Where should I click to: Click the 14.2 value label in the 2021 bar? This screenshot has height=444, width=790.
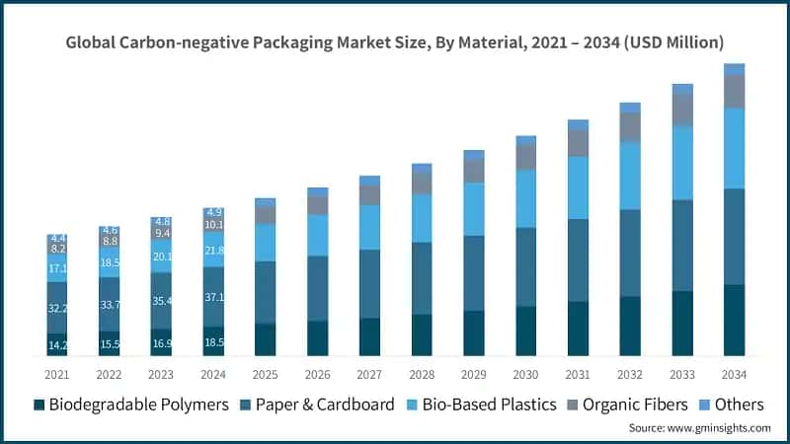point(57,345)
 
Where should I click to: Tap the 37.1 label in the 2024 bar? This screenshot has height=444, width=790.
point(214,297)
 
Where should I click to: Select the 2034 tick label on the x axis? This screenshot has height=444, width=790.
point(734,374)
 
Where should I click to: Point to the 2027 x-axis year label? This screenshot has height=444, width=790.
point(369,374)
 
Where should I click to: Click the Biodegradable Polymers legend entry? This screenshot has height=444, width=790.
point(131,405)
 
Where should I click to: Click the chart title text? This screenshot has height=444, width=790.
point(395,42)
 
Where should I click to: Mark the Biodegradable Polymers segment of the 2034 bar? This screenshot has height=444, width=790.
point(734,320)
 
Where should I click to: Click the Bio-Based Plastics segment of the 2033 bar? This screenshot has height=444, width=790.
point(681,163)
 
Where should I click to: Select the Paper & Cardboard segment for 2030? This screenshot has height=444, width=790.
point(526,266)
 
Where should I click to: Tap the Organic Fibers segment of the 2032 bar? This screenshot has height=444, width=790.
point(630,126)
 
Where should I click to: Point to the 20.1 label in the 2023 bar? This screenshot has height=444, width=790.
point(162,257)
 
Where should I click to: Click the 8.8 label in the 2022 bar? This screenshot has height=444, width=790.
point(110,242)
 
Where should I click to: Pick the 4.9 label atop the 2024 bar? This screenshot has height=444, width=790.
point(214,212)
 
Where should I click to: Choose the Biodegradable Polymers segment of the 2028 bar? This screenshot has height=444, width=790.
point(422,334)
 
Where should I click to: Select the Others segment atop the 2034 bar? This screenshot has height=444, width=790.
point(734,69)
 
